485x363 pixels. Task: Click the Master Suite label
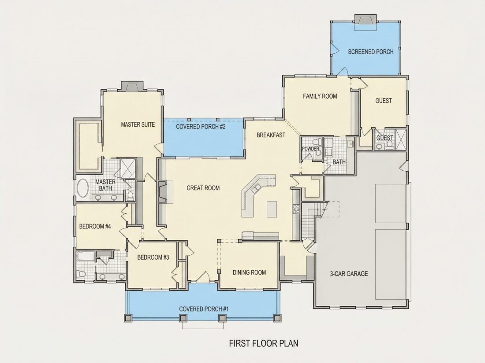[x=138, y=125]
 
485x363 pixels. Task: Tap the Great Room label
[x=203, y=188]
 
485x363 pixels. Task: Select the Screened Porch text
[x=370, y=52]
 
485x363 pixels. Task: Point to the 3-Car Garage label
[x=349, y=274]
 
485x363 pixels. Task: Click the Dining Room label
[x=249, y=272]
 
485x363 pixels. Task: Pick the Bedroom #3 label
[x=153, y=257]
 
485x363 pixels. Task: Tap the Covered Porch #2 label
[x=201, y=127]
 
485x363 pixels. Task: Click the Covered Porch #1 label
[x=204, y=309]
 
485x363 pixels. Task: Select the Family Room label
[x=320, y=96]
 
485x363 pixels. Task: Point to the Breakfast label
[x=271, y=135]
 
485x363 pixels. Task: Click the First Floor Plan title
[x=264, y=343]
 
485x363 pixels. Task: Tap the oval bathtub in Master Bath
[x=82, y=188]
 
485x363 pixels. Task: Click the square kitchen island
[x=272, y=209]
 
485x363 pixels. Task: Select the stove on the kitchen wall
[x=296, y=209]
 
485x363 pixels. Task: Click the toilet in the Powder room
[x=316, y=142]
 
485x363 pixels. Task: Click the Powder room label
[x=310, y=149]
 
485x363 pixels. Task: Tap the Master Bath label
[x=105, y=185]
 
